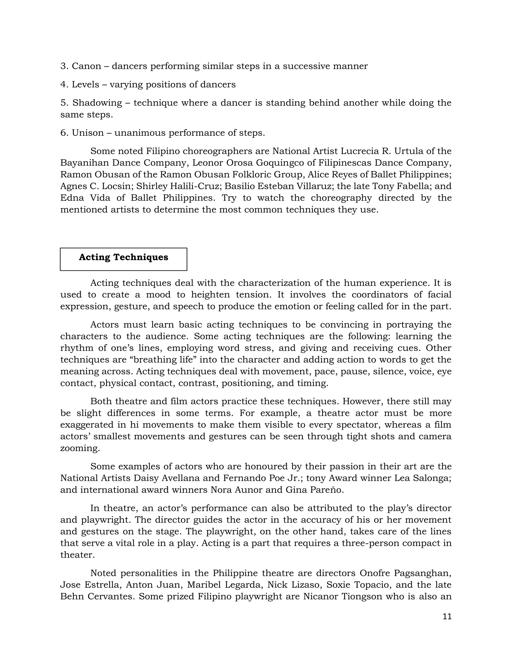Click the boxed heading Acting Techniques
point(123,257)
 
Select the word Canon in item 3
point(86,66)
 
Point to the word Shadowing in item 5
point(97,103)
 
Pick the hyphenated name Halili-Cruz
point(190,186)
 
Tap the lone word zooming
point(80,448)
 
